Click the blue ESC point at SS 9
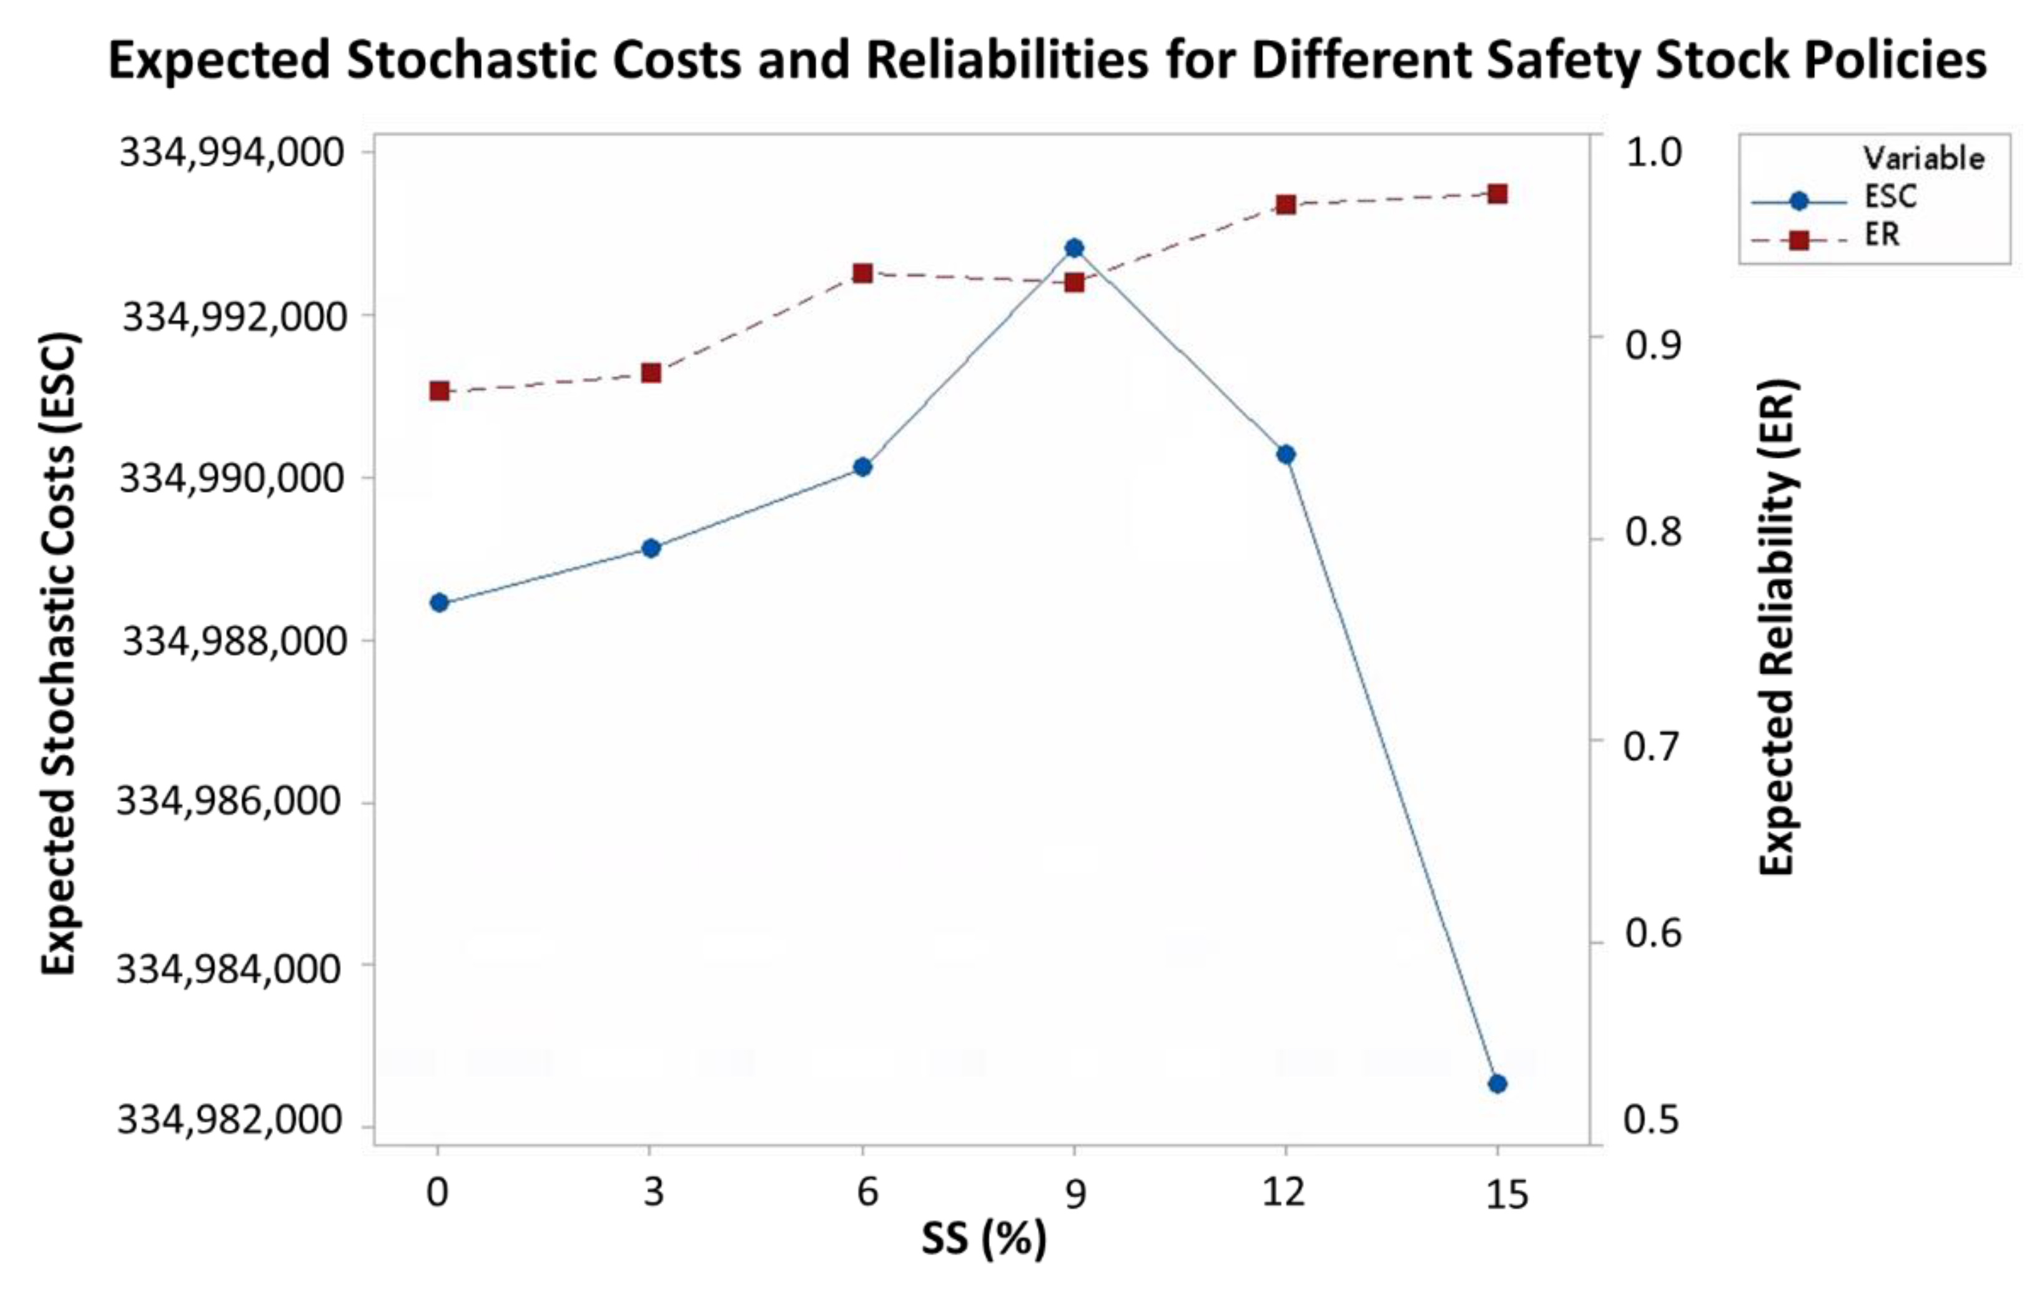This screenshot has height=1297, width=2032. click(x=1073, y=247)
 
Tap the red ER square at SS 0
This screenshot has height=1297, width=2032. click(x=439, y=391)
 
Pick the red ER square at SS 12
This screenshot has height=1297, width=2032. click(x=1285, y=204)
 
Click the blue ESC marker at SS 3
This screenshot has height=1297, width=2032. click(x=651, y=548)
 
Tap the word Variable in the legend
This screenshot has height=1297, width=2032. click(x=1923, y=159)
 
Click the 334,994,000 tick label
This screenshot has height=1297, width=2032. click(x=232, y=153)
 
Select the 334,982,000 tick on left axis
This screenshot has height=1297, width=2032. click(x=230, y=1121)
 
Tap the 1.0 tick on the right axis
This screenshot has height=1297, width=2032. click(x=1652, y=153)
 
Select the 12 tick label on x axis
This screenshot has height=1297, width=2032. click(x=1283, y=1192)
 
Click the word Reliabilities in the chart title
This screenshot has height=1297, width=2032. click(x=1007, y=61)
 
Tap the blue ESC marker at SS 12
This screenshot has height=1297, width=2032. click(x=1285, y=455)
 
